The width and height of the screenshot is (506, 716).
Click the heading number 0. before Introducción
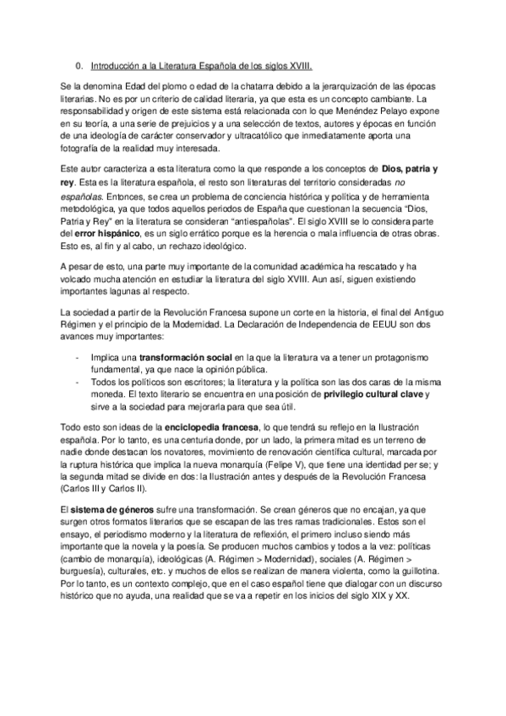click(x=79, y=65)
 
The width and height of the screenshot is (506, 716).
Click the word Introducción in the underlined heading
click(x=116, y=65)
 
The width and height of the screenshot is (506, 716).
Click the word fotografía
click(x=83, y=148)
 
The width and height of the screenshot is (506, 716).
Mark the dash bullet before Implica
click(x=77, y=357)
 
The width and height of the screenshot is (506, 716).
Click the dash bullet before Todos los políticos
click(x=77, y=381)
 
